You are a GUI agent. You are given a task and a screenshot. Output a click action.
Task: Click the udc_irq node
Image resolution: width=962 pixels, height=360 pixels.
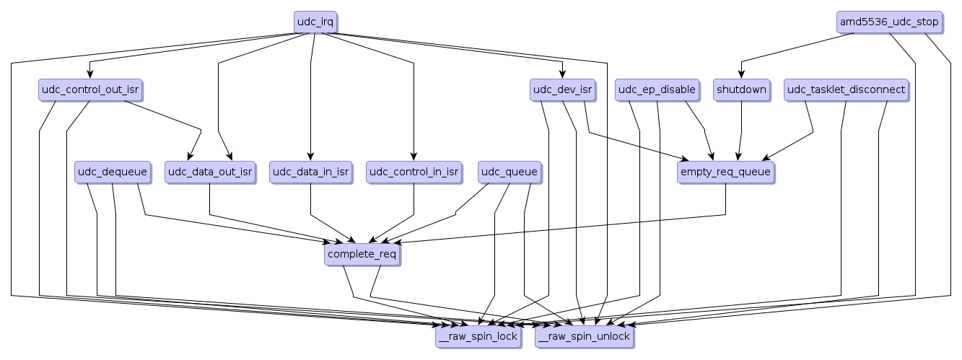pos(315,22)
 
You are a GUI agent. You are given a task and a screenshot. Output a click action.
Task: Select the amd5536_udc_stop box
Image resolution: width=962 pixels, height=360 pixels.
pos(889,22)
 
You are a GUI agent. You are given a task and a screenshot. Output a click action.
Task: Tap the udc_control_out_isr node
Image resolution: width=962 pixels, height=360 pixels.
pos(89,90)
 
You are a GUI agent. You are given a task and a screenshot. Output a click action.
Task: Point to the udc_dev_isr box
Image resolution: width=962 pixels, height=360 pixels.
pos(561,90)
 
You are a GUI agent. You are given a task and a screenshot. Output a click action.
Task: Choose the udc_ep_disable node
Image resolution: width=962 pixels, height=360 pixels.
pos(657,90)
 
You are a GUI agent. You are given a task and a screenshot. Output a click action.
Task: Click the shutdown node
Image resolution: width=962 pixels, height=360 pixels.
pos(740,90)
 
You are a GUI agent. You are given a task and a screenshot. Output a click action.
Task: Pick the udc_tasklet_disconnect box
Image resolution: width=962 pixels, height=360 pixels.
pos(846,90)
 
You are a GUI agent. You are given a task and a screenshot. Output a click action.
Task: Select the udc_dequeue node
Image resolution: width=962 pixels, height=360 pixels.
pos(112,172)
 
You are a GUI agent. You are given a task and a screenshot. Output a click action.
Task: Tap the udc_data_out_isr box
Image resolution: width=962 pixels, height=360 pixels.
pos(209,172)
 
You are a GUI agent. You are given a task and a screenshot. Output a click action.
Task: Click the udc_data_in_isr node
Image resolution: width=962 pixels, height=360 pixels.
pos(310,172)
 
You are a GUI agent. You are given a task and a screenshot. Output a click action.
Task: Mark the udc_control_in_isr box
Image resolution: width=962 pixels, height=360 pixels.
pos(414,172)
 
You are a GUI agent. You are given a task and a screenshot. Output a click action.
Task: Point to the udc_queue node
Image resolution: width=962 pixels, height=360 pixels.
pos(510,172)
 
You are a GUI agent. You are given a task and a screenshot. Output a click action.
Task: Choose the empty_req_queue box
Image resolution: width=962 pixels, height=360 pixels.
pos(725,172)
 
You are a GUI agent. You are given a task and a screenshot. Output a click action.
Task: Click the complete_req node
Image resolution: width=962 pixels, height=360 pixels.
pos(361,254)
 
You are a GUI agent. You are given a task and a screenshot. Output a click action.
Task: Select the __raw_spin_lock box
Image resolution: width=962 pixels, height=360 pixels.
pos(478,336)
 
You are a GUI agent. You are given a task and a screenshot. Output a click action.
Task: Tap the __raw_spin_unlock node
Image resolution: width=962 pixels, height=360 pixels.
pos(584,336)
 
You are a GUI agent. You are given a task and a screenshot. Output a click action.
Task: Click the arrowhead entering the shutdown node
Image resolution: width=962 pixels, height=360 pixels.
pos(740,75)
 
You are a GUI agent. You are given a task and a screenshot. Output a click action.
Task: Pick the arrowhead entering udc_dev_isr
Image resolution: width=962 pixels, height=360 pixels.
pos(561,75)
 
